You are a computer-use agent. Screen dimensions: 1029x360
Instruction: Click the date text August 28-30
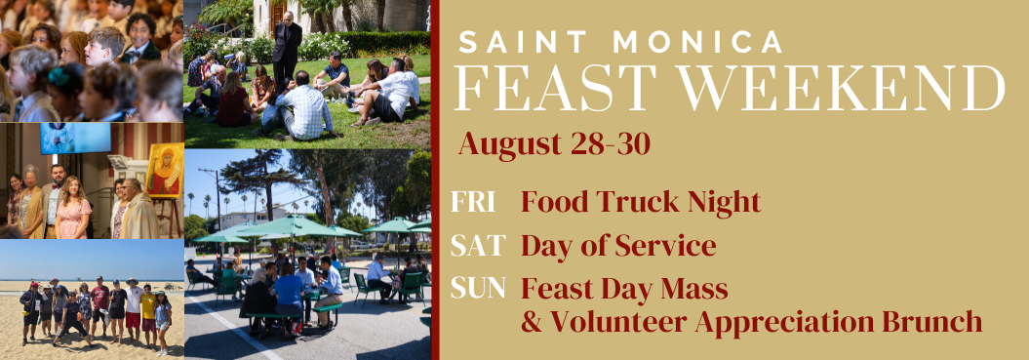coord(555,143)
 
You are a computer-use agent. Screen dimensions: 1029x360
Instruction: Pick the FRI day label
coord(472,202)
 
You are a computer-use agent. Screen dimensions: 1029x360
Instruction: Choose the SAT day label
coord(478,246)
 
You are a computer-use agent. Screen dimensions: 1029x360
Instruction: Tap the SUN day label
coord(478,289)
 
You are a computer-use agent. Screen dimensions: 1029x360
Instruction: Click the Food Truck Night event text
coord(641,202)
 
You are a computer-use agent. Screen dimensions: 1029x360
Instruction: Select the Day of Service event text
coord(618,246)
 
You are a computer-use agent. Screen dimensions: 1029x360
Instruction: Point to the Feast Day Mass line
coord(625,289)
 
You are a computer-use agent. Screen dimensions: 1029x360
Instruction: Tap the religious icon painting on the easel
coord(165,170)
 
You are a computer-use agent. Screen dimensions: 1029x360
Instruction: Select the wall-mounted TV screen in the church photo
coord(75,139)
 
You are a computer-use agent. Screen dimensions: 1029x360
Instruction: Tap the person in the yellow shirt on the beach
coord(147,314)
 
